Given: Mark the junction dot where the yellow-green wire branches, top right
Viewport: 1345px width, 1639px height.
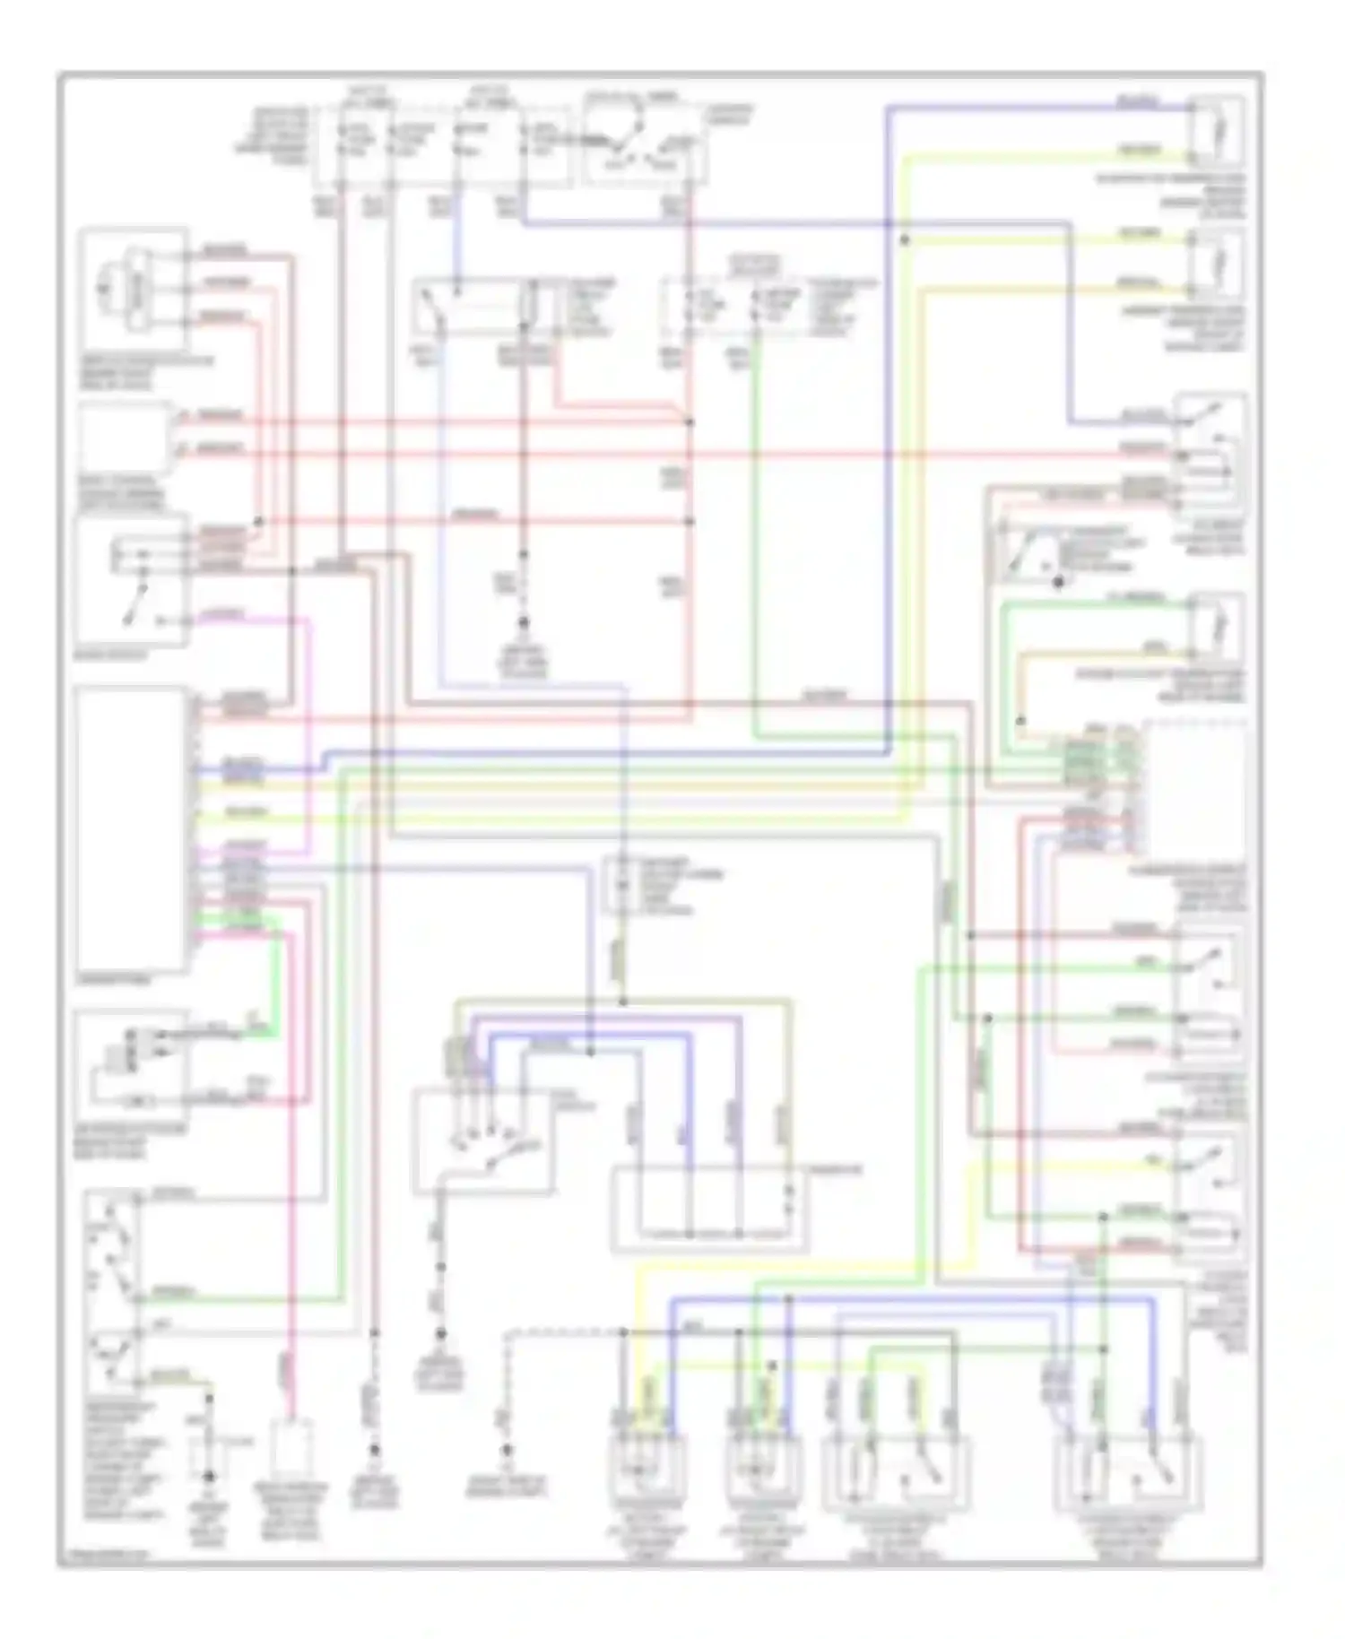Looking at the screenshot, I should pos(905,239).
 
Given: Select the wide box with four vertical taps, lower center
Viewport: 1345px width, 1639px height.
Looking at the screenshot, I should pos(709,1207).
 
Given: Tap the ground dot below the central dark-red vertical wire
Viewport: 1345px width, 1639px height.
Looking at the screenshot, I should pos(525,622).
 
